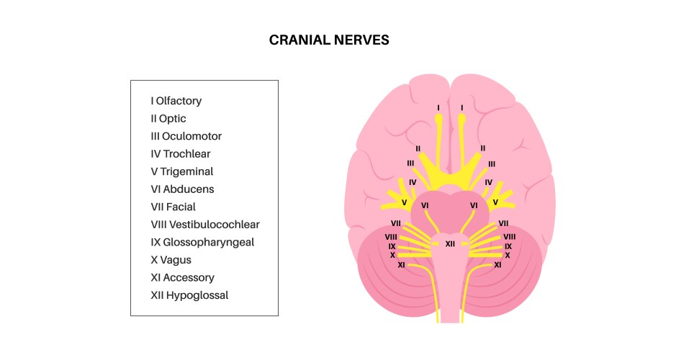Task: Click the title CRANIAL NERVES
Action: coord(329,40)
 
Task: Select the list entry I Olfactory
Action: coord(176,101)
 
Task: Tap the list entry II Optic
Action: coord(168,119)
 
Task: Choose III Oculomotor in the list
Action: coord(186,136)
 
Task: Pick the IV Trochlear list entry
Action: coord(181,154)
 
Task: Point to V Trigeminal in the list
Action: coord(182,171)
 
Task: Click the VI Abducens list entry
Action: coord(183,189)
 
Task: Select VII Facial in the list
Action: coord(173,207)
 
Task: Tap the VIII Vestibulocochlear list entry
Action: coord(205,225)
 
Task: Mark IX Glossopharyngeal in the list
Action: coord(203,242)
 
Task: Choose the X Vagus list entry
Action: coord(171,260)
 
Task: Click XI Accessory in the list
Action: coord(183,277)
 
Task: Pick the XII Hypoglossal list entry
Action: coord(190,295)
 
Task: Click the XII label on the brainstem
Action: coord(450,244)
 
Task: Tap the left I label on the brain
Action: coord(438,108)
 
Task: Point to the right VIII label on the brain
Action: coord(509,236)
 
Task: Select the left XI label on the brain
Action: coord(402,265)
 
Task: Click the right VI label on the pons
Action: coord(474,205)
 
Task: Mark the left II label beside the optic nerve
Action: coord(418,148)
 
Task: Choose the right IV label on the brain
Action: coord(488,182)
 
